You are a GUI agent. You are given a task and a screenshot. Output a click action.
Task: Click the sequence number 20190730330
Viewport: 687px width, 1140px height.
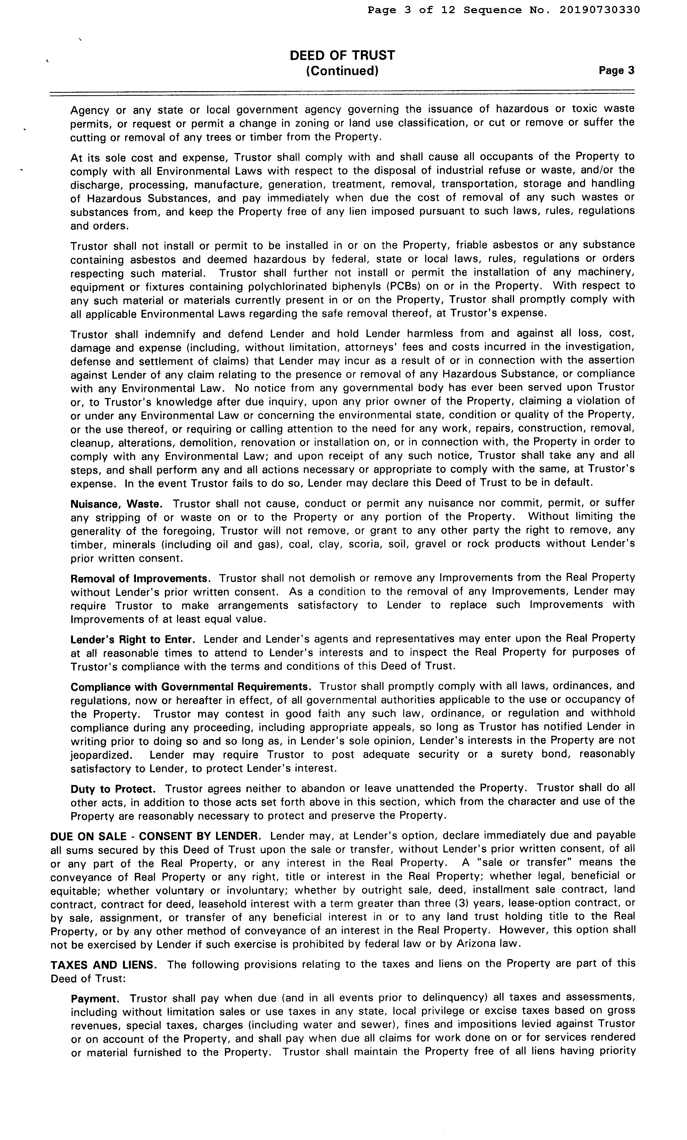[x=600, y=10]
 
